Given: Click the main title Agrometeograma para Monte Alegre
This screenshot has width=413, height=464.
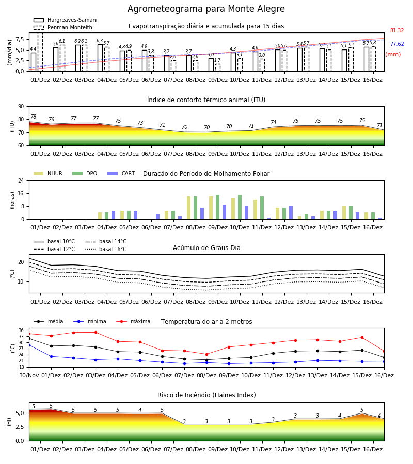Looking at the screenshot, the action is point(206,9).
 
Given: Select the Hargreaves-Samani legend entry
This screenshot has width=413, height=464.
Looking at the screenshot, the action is point(65,20).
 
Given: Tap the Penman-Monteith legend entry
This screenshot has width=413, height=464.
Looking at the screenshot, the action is point(63,27).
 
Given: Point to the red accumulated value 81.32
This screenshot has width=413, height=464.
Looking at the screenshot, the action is point(396,30).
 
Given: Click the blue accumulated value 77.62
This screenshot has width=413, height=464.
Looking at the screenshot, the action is point(396,44).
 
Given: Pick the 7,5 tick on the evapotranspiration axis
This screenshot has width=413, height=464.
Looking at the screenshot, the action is point(20,39).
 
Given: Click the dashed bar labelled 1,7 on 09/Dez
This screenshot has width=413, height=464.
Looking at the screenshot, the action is point(218,68).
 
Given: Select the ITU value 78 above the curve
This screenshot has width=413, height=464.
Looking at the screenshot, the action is point(34,117).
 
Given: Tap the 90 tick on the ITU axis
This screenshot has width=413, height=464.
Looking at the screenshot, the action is point(21,107).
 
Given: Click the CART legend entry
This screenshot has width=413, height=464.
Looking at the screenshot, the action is point(121,173).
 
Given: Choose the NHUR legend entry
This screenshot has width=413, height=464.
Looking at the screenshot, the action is point(48,173).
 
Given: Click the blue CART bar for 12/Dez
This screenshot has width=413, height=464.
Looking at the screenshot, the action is point(291,213).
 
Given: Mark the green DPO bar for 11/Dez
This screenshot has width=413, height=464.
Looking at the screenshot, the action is point(262,208).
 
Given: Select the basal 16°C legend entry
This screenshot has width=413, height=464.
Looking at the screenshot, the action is point(106,249).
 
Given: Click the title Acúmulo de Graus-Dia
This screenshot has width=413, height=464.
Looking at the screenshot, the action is point(206,248).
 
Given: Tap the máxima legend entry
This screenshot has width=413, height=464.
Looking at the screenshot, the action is point(133,321).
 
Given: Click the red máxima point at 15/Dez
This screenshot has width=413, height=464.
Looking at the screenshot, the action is point(362,337).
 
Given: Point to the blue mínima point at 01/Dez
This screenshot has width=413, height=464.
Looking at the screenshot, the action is point(51,356).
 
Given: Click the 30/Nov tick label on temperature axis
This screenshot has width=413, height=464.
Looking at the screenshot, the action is point(29,375).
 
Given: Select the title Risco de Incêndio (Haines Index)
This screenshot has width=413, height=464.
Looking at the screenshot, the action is point(206,395).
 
